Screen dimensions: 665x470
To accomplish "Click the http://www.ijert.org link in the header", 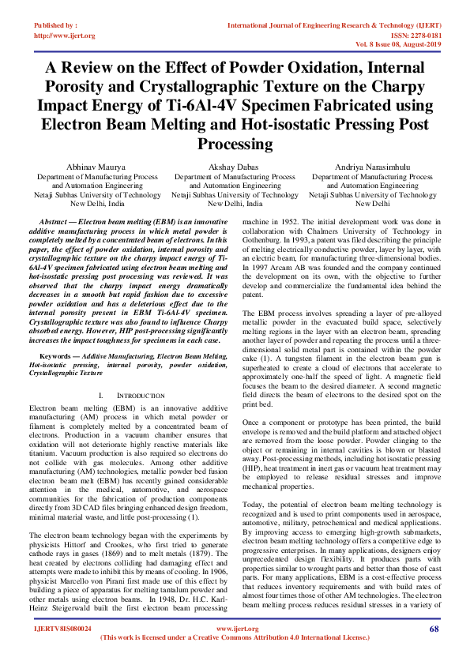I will click(64, 36).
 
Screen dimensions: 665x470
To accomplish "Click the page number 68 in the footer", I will click(434, 629).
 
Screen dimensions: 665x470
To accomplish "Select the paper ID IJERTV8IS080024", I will click(62, 629).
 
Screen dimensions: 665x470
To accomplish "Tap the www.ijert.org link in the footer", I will click(234, 629).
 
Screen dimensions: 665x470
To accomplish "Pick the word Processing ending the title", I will click(235, 145).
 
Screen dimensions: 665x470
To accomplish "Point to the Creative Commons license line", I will click(235, 637).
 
